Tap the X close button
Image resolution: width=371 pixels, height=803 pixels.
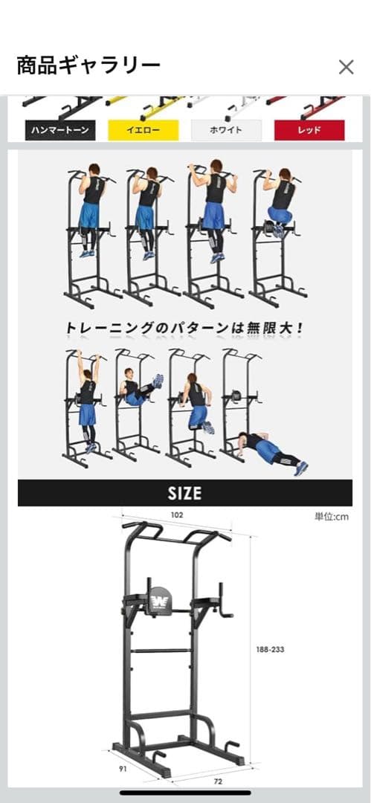click(x=346, y=67)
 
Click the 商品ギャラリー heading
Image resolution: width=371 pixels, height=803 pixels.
click(x=88, y=66)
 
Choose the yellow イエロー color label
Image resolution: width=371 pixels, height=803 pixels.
click(x=143, y=130)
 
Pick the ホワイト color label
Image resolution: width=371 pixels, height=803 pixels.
click(x=227, y=130)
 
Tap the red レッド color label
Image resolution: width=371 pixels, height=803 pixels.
click(x=309, y=130)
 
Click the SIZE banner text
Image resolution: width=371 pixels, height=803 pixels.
click(x=185, y=492)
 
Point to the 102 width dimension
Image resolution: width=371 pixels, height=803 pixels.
click(x=176, y=515)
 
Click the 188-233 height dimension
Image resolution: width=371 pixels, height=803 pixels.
click(x=268, y=649)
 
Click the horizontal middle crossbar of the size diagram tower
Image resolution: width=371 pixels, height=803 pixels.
click(x=161, y=651)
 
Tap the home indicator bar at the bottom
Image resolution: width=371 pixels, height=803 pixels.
click(x=185, y=793)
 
